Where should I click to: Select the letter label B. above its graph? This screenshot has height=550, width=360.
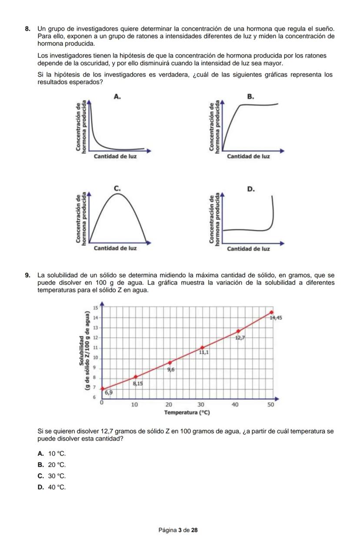pos(250,96)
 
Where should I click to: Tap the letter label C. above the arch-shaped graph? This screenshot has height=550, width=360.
pos(116,188)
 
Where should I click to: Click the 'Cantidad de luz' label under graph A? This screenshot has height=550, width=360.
pos(115,156)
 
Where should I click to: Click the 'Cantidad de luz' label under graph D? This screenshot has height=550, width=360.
pos(249,249)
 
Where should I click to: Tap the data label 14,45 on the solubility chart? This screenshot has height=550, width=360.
pos(276,318)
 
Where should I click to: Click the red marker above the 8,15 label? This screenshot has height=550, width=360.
pos(136,377)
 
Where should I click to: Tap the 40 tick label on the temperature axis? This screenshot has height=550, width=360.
pos(235,404)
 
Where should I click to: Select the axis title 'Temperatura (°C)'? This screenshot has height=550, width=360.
pos(187,412)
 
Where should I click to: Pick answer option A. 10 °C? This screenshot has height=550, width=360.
pos(52,454)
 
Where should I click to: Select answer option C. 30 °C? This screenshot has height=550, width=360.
pos(52,476)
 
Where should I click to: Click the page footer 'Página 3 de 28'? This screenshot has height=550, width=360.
pos(178,530)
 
